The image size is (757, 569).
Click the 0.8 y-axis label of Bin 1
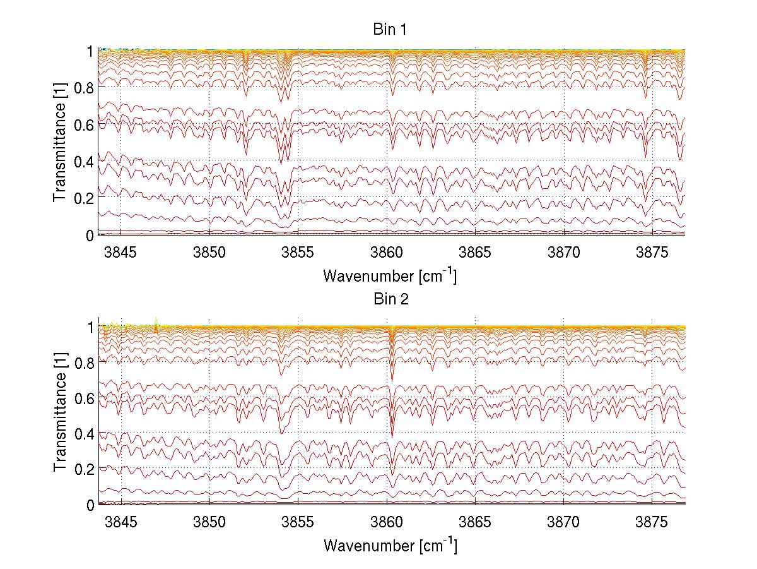[83, 88]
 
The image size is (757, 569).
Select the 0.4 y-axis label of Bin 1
[83, 162]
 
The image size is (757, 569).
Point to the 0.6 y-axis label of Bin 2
[83, 398]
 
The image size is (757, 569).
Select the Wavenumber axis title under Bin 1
[390, 275]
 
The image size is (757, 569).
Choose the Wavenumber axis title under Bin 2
[390, 545]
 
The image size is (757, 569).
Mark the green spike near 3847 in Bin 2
[156, 321]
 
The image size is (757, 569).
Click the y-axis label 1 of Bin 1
[90, 51]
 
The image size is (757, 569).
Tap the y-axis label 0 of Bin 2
[90, 505]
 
